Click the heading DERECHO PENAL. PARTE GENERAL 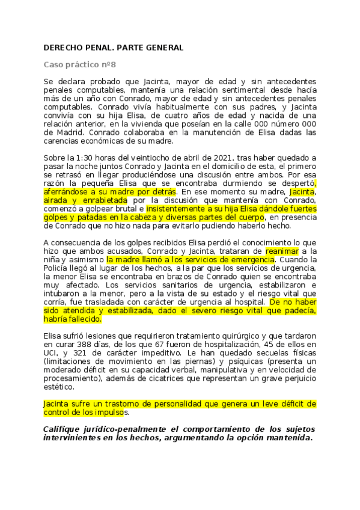click(114, 47)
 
